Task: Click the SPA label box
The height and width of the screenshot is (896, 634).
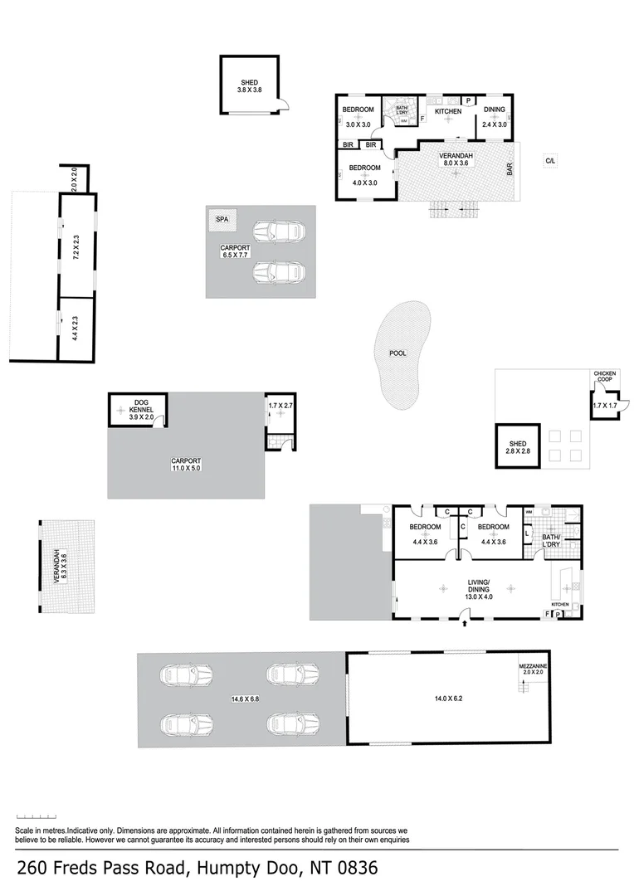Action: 222,220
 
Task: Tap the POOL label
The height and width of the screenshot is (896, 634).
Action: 398,353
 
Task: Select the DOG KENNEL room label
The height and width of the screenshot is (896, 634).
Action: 137,407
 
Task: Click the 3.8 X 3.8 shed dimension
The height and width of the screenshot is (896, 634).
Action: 249,90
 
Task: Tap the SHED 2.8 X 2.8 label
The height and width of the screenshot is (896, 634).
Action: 518,449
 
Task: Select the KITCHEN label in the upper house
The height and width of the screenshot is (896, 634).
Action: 448,110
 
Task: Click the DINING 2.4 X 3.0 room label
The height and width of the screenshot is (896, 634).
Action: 495,117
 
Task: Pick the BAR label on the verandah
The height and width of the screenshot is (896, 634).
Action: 510,170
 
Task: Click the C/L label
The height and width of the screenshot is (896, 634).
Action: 549,160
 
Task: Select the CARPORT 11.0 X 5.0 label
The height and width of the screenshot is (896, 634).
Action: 186,465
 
